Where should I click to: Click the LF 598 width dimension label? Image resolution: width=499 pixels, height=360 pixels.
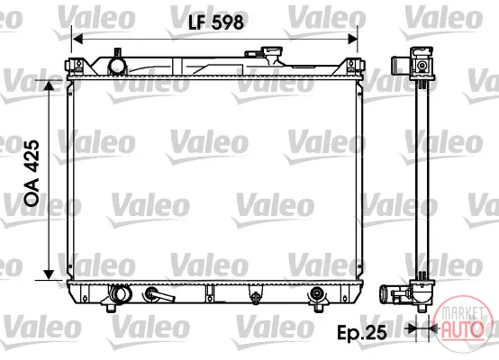(216, 22)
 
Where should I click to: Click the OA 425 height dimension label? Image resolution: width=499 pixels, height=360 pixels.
(32, 174)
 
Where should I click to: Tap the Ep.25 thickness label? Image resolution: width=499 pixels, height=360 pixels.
(362, 333)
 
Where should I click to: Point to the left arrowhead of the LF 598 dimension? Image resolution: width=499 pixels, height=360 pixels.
(77, 39)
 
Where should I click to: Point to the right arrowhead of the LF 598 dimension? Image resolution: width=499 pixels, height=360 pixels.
(352, 39)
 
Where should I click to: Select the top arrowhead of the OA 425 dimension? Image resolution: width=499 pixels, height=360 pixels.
(49, 85)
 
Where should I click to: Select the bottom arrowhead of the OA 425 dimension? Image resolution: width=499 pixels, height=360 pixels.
(49, 274)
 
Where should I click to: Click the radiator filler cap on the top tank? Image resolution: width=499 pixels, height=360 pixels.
(271, 55)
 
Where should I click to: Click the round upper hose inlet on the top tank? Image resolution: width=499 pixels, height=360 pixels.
(117, 66)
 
